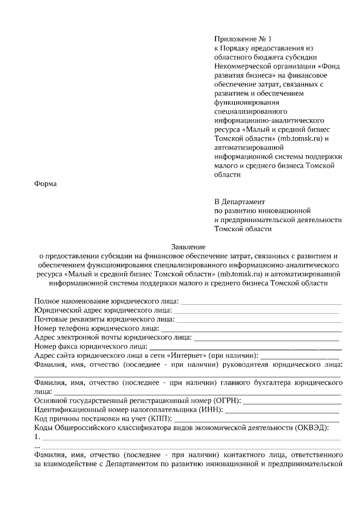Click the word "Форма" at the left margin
(x=46, y=183)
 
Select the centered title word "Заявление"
(x=188, y=246)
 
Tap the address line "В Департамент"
(x=239, y=201)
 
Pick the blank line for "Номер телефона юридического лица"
(x=251, y=329)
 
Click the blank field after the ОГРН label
(x=292, y=401)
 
